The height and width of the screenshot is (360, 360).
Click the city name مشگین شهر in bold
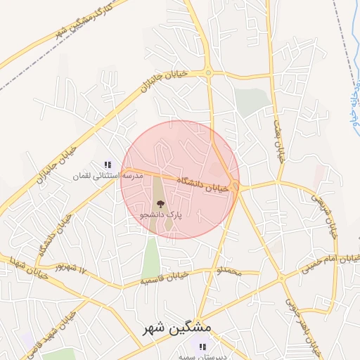(190, 328)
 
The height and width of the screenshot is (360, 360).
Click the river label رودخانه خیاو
(354, 109)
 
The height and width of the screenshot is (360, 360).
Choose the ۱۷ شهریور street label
(72, 268)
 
